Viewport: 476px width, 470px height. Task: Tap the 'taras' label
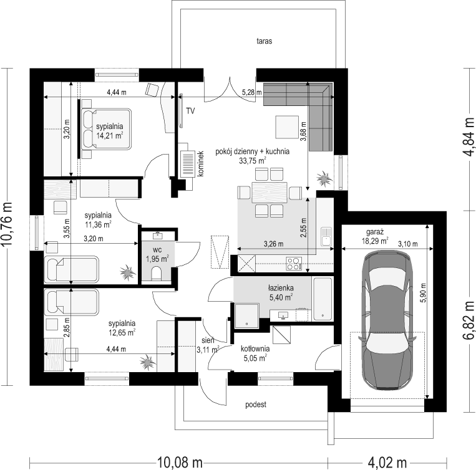pyautogui.click(x=264, y=41)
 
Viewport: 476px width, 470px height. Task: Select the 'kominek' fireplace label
pyautogui.click(x=200, y=163)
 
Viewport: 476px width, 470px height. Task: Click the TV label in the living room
pyautogui.click(x=190, y=111)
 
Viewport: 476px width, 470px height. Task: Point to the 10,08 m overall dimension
pyautogui.click(x=180, y=463)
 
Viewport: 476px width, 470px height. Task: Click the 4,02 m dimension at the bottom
pyautogui.click(x=387, y=463)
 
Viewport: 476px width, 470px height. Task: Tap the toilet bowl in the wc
pyautogui.click(x=157, y=273)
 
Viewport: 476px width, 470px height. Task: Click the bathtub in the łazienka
pyautogui.click(x=323, y=299)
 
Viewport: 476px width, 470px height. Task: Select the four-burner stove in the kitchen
pyautogui.click(x=294, y=264)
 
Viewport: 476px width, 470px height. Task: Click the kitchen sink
pyautogui.click(x=326, y=236)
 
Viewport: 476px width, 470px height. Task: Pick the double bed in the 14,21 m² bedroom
pyautogui.click(x=106, y=129)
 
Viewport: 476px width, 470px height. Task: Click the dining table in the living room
pyautogui.click(x=270, y=192)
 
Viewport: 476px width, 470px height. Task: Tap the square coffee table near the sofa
pyautogui.click(x=287, y=127)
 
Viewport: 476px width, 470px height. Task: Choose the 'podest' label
pyautogui.click(x=256, y=404)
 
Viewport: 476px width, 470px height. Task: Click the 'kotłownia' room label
pyautogui.click(x=255, y=348)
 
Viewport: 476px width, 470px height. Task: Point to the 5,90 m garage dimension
pyautogui.click(x=423, y=292)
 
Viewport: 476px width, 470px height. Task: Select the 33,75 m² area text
pyautogui.click(x=253, y=160)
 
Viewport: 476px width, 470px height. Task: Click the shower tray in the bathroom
pyautogui.click(x=247, y=315)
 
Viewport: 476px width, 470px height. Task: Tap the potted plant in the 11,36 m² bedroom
pyautogui.click(x=127, y=272)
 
